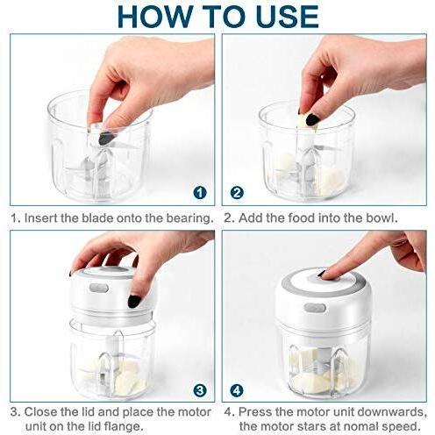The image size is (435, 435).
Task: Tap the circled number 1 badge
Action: click(200, 193)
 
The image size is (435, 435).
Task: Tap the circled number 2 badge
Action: click(237, 193)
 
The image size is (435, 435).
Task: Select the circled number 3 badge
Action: click(200, 390)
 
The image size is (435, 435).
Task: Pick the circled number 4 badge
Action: click(237, 390)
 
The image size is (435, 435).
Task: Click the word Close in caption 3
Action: click(41, 412)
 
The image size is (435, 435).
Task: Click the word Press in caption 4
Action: click(255, 412)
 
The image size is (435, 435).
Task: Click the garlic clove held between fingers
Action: click(306, 124)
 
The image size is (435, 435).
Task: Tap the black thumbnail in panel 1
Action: click(103, 138)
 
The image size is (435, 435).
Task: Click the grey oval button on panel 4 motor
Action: click(315, 308)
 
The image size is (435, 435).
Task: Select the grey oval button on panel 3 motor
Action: click(99, 288)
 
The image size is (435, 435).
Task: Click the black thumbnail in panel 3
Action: click(133, 301)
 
